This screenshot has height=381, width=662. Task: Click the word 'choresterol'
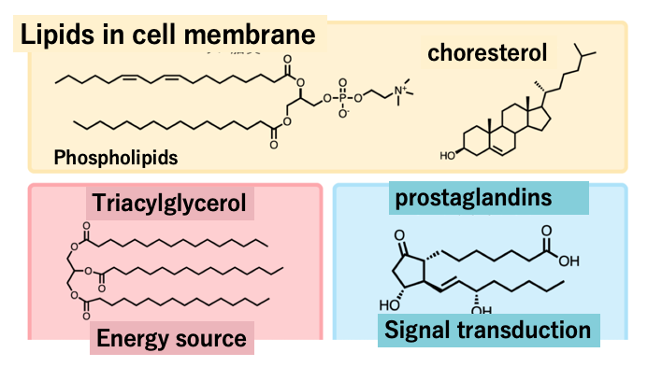[486, 52]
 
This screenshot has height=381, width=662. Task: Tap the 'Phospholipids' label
[116, 157]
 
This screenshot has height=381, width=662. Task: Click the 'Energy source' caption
[171, 337]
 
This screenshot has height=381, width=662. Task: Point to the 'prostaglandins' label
[472, 198]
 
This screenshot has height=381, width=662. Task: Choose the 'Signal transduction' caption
[486, 330]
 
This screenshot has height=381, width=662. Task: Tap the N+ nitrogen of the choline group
[399, 91]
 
